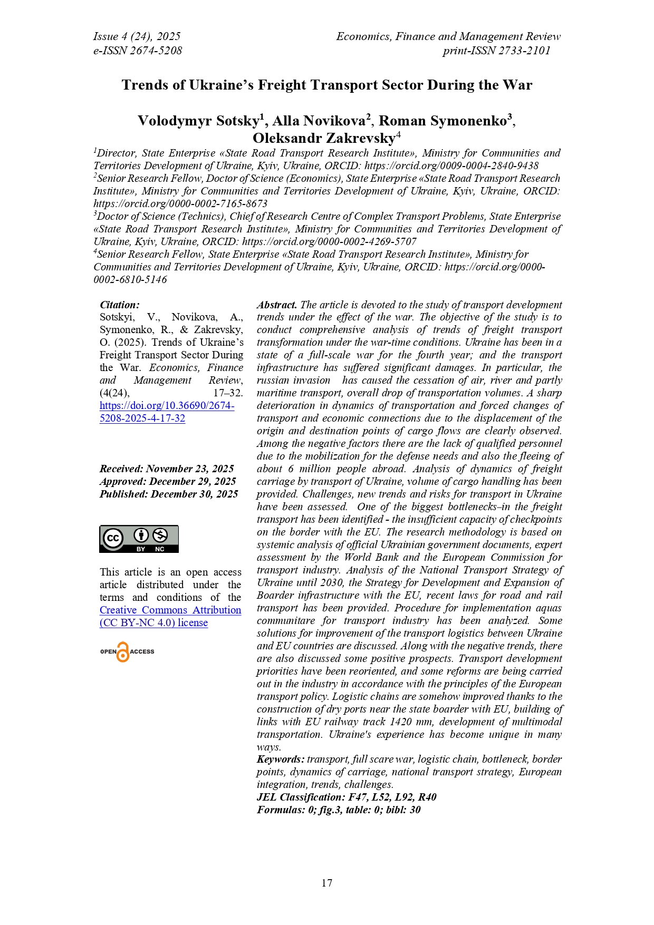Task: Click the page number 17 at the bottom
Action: point(326,883)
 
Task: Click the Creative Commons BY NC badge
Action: point(139,539)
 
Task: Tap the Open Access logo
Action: point(127,652)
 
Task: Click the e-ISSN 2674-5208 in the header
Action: point(138,51)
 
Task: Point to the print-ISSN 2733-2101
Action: point(496,51)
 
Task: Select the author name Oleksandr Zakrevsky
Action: point(323,138)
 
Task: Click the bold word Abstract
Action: point(277,305)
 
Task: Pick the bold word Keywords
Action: point(280,760)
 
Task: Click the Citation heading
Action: point(120,305)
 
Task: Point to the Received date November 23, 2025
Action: point(167,469)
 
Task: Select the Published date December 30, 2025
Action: point(169,494)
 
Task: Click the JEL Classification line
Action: point(347,797)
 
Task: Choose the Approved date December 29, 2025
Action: point(168,481)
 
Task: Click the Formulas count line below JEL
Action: point(339,810)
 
